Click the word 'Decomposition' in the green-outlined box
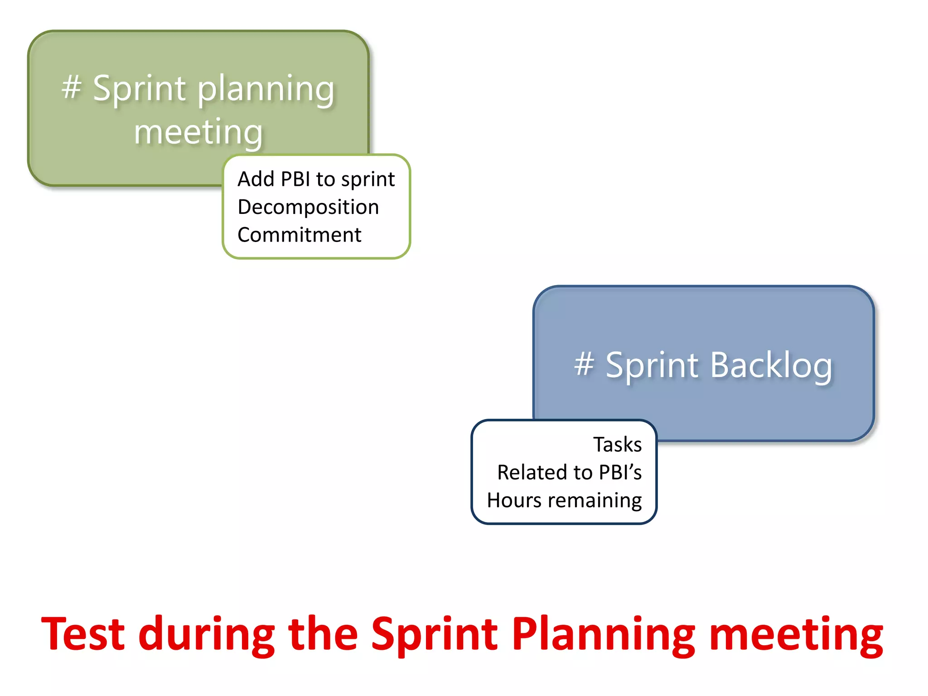[308, 208]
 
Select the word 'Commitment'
[299, 235]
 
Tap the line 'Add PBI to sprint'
[316, 179]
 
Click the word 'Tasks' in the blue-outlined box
[617, 445]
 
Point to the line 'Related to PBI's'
[569, 473]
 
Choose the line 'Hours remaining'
[564, 501]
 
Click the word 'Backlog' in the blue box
[771, 365]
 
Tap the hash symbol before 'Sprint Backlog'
[584, 364]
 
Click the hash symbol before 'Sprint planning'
[72, 87]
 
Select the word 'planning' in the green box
[266, 90]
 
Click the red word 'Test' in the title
[82, 634]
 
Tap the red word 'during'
[207, 634]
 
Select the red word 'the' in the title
[323, 634]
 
